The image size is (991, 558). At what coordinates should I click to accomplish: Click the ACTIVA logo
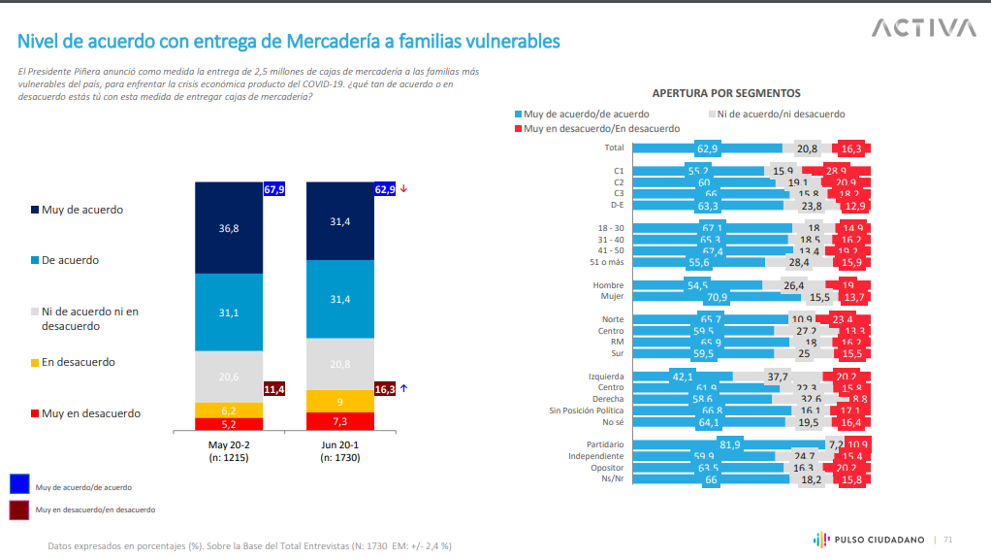pyautogui.click(x=923, y=28)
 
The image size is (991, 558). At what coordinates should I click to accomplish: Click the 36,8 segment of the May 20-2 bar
pyautogui.click(x=229, y=228)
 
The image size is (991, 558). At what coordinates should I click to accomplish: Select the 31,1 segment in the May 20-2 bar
pyautogui.click(x=229, y=312)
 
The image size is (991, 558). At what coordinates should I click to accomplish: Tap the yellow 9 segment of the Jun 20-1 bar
pyautogui.click(x=340, y=401)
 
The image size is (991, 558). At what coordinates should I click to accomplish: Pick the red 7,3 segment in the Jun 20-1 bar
pyautogui.click(x=340, y=421)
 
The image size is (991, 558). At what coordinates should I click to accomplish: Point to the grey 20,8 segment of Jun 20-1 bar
pyautogui.click(x=340, y=363)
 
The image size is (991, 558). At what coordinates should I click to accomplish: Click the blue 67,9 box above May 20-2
pyautogui.click(x=273, y=189)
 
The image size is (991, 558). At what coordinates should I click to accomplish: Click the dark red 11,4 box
pyautogui.click(x=273, y=388)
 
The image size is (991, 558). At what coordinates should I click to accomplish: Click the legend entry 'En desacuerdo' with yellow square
pyautogui.click(x=80, y=362)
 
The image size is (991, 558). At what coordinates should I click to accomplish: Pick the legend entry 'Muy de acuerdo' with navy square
pyautogui.click(x=81, y=210)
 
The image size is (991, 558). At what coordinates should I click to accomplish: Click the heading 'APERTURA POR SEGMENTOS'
pyautogui.click(x=725, y=93)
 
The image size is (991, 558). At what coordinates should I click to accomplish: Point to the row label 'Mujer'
pyautogui.click(x=611, y=296)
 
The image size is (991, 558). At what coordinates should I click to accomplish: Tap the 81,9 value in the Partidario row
pyautogui.click(x=730, y=444)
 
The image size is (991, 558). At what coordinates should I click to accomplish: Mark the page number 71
pyautogui.click(x=948, y=540)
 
